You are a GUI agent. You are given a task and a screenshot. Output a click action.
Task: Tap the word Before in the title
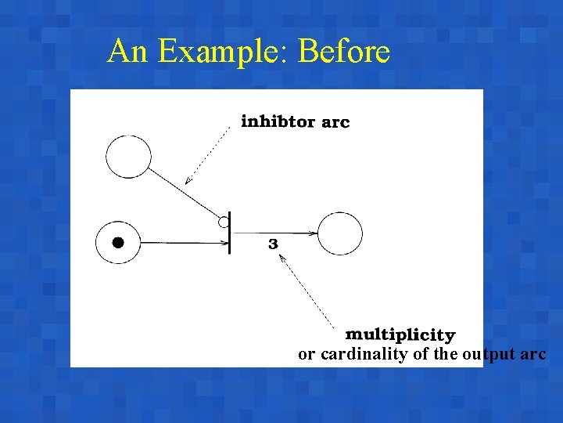click(x=344, y=52)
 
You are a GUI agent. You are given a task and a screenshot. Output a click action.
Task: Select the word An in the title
click(x=127, y=52)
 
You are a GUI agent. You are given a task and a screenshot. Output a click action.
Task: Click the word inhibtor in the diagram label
click(x=278, y=121)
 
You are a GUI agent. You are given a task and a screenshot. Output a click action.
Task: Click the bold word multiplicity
click(x=400, y=335)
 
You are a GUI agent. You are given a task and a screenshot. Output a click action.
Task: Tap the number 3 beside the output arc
click(x=273, y=244)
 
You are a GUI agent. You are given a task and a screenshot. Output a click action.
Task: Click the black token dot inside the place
click(x=118, y=242)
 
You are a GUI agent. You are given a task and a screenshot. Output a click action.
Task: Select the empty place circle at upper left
click(x=128, y=156)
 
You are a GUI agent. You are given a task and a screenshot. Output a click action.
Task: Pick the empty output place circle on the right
click(x=340, y=234)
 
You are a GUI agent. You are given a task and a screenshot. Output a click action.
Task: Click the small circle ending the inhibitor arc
click(x=224, y=222)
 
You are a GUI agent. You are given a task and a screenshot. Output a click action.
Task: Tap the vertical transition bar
click(x=229, y=234)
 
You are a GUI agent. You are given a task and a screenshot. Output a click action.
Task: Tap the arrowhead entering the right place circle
click(x=313, y=233)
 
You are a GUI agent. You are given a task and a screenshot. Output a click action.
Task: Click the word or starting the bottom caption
click(x=307, y=355)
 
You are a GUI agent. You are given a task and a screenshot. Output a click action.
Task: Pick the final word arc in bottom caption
click(x=533, y=355)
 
